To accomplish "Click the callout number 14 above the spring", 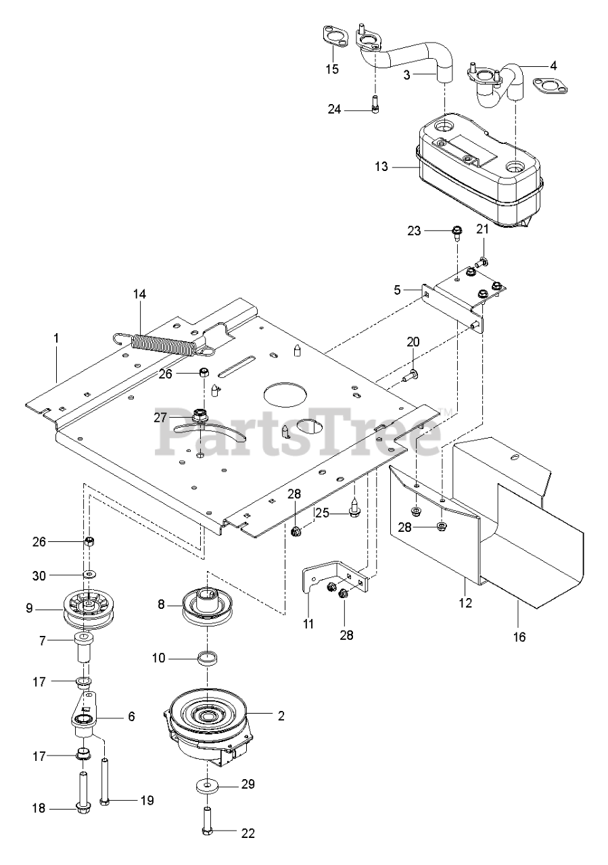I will tap(139, 295).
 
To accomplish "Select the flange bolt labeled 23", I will tap(456, 233).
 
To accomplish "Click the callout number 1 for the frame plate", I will tap(57, 335).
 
